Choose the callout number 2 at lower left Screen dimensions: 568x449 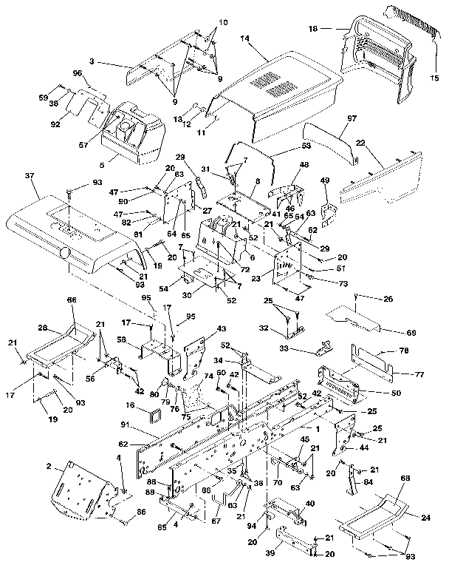pyautogui.click(x=49, y=468)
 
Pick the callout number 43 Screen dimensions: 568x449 pyautogui.click(x=222, y=328)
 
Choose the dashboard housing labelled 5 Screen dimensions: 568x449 pyautogui.click(x=133, y=133)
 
